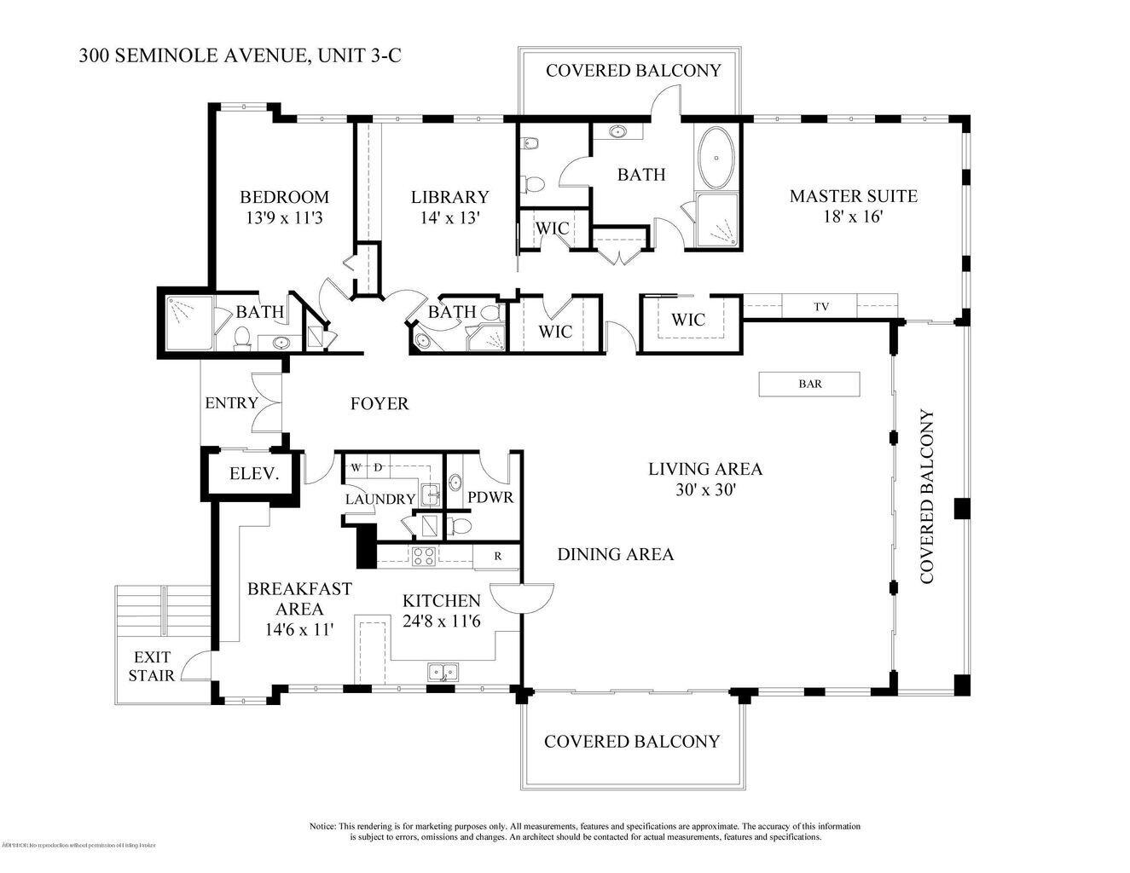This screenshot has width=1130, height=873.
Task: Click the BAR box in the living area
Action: tap(809, 384)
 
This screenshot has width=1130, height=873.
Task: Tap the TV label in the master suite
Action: tap(821, 307)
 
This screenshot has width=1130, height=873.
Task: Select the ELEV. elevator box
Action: tap(254, 474)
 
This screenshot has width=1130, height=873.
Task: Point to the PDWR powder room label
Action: tap(490, 496)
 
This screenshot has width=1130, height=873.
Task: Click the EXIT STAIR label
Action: tap(152, 667)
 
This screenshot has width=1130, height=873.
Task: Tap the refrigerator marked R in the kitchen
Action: tap(498, 556)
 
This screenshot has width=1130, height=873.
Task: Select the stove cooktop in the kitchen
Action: tap(424, 556)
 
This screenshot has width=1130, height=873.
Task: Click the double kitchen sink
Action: tap(443, 672)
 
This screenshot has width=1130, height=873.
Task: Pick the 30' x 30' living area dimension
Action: tap(704, 490)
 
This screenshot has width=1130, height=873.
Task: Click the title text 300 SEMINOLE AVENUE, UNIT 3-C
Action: tap(240, 56)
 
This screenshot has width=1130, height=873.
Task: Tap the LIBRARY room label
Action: tap(449, 197)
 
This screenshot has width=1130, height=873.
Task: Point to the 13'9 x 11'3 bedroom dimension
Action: tap(283, 217)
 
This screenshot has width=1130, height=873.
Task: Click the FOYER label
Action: tap(380, 403)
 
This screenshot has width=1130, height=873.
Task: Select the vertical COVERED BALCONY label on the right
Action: tap(926, 497)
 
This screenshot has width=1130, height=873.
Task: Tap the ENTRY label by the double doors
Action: tap(231, 403)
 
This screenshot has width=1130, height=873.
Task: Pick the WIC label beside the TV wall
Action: tap(687, 320)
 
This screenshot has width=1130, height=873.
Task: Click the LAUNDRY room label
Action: tap(380, 500)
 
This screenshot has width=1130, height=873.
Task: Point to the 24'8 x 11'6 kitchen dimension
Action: tap(442, 622)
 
